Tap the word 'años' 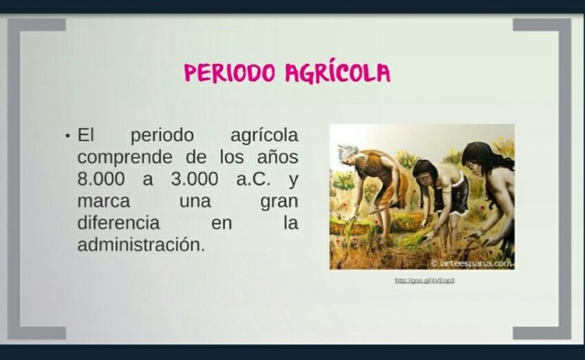(x=276, y=157)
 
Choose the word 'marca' (x=103, y=201)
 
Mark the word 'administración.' (x=138, y=245)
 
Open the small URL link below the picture (x=424, y=281)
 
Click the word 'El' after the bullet (x=86, y=135)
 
